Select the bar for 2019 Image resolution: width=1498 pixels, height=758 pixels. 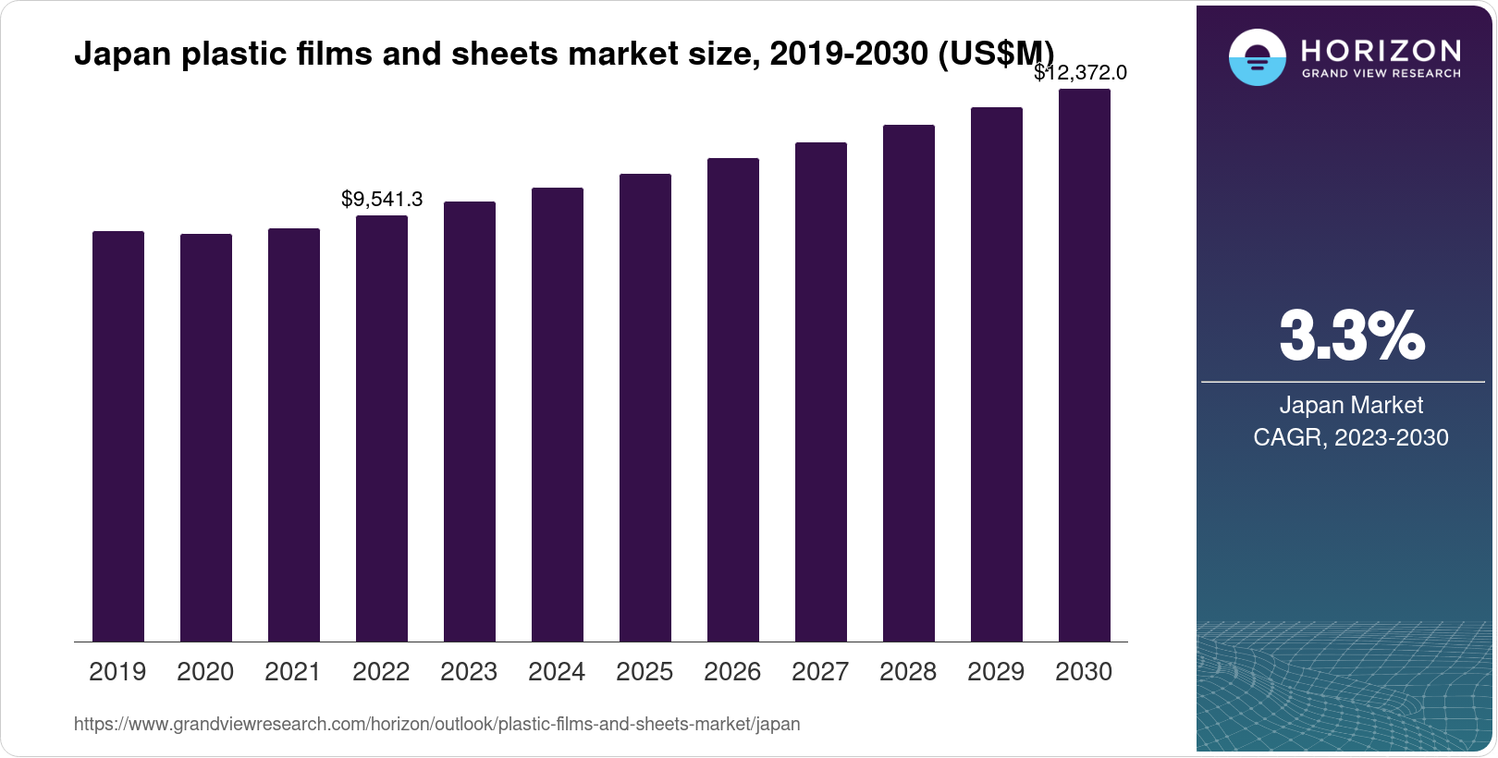click(x=118, y=436)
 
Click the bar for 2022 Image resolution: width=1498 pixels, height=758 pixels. click(x=382, y=428)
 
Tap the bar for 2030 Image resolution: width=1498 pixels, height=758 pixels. click(x=1084, y=365)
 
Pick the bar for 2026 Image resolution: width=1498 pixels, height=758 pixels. click(x=733, y=399)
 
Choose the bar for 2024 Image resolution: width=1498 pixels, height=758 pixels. click(x=558, y=414)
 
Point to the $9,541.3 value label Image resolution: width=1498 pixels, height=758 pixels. click(x=382, y=199)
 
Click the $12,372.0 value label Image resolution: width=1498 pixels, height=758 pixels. click(x=1080, y=72)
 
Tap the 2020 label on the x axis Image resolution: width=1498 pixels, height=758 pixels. click(x=205, y=671)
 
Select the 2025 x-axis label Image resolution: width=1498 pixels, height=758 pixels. click(x=645, y=671)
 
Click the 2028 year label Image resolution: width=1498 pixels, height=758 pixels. click(x=908, y=671)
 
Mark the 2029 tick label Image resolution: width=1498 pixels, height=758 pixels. click(x=996, y=671)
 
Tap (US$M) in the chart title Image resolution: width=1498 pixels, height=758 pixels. click(x=996, y=54)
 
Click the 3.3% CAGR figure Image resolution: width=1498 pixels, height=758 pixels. click(x=1351, y=336)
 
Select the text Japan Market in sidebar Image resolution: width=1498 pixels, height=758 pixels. click(x=1351, y=405)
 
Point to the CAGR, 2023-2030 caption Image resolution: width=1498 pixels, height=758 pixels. click(x=1351, y=437)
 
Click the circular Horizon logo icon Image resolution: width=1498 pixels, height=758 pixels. click(x=1257, y=57)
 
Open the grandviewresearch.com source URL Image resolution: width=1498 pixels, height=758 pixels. click(x=436, y=724)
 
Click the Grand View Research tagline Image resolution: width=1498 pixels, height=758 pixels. click(x=1381, y=73)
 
